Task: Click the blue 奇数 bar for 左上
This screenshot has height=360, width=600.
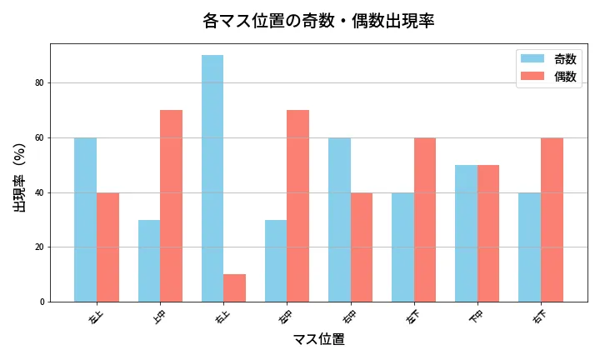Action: click(x=85, y=219)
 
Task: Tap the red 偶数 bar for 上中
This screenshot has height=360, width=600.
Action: click(x=171, y=206)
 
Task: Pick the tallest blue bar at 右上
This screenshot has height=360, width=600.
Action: click(x=212, y=178)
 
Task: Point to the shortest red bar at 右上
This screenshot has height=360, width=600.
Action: click(x=234, y=287)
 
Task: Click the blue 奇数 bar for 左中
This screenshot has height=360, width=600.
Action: click(x=276, y=261)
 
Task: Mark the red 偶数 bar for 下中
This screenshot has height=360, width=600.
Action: click(x=488, y=233)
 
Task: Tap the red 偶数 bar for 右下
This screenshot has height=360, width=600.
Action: click(x=552, y=219)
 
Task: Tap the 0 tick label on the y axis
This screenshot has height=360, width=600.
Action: click(x=41, y=302)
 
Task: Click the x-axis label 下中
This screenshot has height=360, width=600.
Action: click(x=476, y=317)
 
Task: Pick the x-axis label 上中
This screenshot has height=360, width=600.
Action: click(x=158, y=317)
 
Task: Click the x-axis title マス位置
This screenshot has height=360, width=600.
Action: click(x=318, y=340)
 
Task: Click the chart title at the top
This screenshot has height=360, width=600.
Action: click(x=318, y=21)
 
